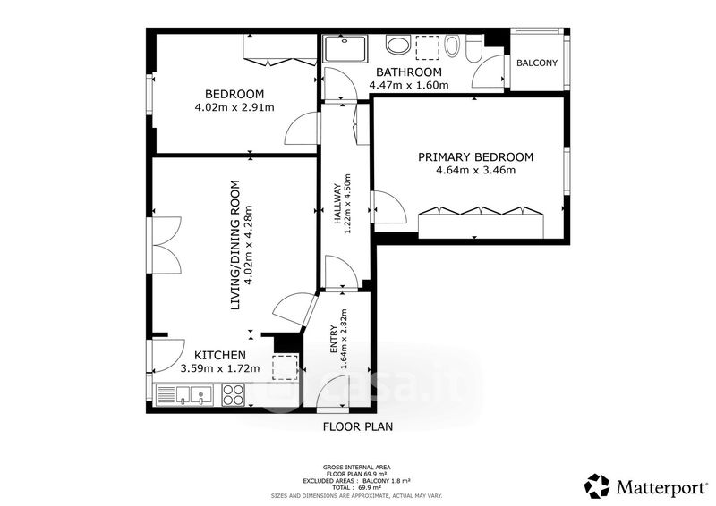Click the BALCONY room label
coord(537,63)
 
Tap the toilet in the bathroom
coord(473,49)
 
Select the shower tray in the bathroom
coord(345,49)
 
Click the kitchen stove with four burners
coord(233,394)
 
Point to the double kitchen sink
coord(184,395)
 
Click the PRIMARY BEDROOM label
coord(476,157)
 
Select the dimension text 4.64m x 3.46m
coord(476,171)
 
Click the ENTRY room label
coord(334,339)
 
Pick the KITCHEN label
coord(220,355)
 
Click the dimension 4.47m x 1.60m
coord(409,85)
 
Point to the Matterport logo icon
coord(597,486)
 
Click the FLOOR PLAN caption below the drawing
coord(358,426)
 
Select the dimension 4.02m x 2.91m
coord(234,107)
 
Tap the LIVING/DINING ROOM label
coord(235,246)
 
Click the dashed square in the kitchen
coord(286,367)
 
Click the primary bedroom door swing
coord(389,207)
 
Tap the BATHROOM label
coord(409,72)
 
